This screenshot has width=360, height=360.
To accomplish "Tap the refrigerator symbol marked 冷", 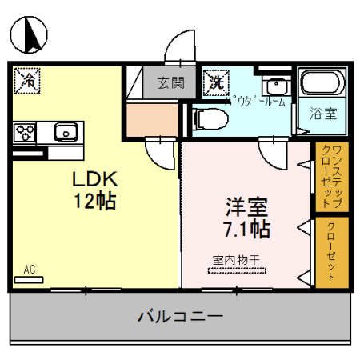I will [x=30, y=80].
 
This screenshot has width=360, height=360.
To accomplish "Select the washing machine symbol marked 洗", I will [x=214, y=80].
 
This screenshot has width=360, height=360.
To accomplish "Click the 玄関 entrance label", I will [x=170, y=82].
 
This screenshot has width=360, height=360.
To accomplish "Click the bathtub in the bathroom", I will [x=322, y=85].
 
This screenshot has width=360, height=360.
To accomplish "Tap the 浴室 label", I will [x=323, y=113].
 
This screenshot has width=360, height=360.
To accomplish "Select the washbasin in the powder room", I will [x=277, y=86].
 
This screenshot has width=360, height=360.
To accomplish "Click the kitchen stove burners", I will [x=26, y=130].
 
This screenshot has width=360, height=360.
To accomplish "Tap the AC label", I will [x=30, y=270].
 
